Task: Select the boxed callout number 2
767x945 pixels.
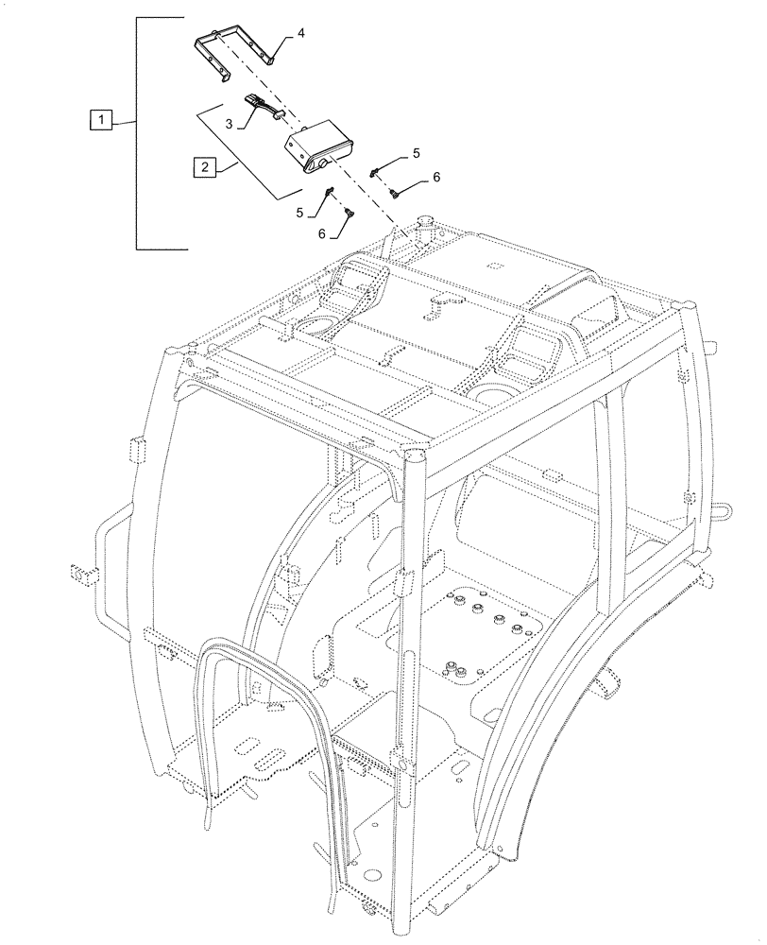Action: coord(203,168)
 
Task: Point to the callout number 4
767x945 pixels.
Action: coord(300,33)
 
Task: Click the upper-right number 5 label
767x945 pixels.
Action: coord(416,152)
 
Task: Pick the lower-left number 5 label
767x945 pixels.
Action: coord(299,214)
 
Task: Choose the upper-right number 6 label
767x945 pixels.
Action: coord(436,177)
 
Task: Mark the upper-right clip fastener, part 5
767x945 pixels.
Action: coord(377,170)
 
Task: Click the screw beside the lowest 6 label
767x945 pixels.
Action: coord(349,213)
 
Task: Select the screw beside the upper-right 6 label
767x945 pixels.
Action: coord(395,193)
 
